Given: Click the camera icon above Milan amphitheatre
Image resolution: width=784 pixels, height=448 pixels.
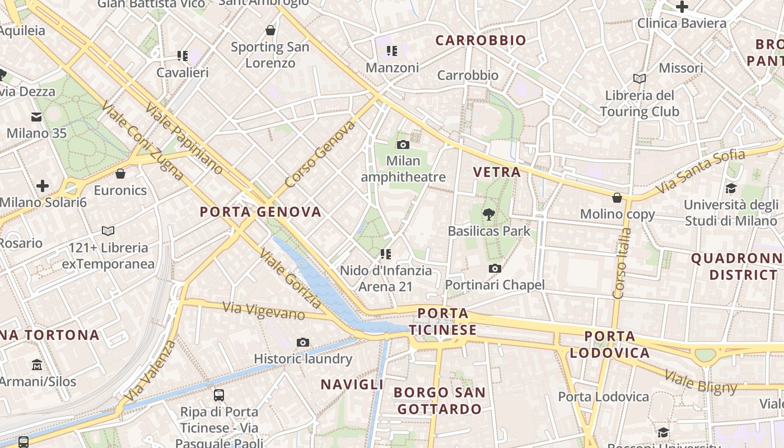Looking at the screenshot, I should [x=403, y=144].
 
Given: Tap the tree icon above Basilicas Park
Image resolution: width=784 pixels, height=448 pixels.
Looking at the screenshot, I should [x=489, y=213].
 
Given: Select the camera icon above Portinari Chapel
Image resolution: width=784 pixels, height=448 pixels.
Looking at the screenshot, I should [x=494, y=269].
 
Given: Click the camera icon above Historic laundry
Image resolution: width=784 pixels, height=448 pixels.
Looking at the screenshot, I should [x=303, y=342].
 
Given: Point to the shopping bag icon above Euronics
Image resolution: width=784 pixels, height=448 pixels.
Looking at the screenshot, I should [x=120, y=174].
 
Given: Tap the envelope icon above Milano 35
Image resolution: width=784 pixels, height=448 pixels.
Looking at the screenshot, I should [x=36, y=116].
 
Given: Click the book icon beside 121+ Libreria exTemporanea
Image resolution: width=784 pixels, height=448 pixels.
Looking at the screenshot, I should [x=108, y=231].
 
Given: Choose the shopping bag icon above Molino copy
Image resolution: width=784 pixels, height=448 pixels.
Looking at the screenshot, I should [x=617, y=198].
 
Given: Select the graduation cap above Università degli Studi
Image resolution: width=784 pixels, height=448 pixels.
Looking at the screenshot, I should [x=731, y=188].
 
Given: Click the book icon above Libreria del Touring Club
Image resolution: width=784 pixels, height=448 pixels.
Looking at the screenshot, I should [x=639, y=78].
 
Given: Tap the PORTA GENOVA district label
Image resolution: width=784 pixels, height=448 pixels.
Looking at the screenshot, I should [x=261, y=212].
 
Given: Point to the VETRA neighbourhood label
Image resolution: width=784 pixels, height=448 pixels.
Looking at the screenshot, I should [x=497, y=172].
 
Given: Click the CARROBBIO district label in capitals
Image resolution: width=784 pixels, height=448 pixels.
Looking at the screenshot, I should [x=481, y=40].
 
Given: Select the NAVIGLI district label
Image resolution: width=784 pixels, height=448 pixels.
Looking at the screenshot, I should [x=352, y=384].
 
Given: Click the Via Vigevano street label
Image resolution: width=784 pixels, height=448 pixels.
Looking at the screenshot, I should [x=264, y=311].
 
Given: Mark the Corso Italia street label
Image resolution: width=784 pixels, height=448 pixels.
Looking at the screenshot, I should [x=622, y=263].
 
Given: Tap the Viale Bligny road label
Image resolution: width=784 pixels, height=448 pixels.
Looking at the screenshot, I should [x=701, y=382].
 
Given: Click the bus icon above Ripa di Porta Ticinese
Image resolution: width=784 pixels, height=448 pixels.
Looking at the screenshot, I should [x=219, y=395].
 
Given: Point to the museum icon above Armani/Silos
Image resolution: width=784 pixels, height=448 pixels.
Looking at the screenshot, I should [x=37, y=365].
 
